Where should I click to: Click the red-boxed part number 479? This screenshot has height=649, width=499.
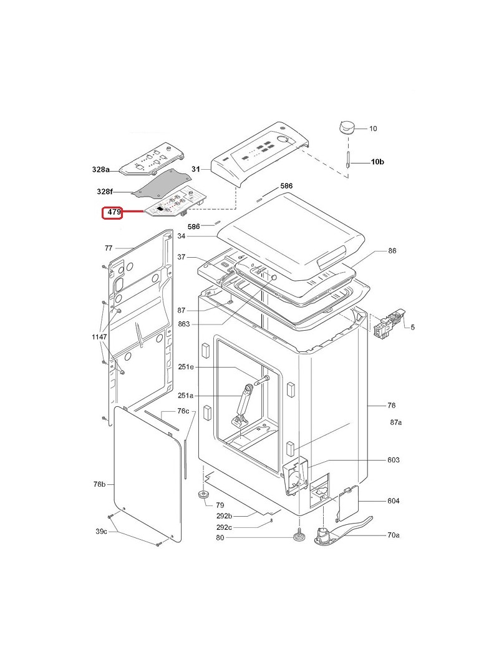[x=113, y=213]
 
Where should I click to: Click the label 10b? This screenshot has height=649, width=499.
[x=377, y=162]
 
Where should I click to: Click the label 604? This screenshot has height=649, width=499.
[x=393, y=501]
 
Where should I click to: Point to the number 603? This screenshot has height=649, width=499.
[x=393, y=460]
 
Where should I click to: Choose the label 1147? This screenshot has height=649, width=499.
[x=100, y=336]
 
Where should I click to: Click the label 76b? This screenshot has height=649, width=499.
[x=100, y=484]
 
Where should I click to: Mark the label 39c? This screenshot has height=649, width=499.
[x=102, y=531]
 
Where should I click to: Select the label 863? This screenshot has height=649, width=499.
[x=183, y=324]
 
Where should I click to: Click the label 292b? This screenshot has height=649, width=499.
[x=224, y=516]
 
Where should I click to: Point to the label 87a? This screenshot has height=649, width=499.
[x=396, y=422]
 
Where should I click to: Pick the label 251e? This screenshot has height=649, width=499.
[x=186, y=368]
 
